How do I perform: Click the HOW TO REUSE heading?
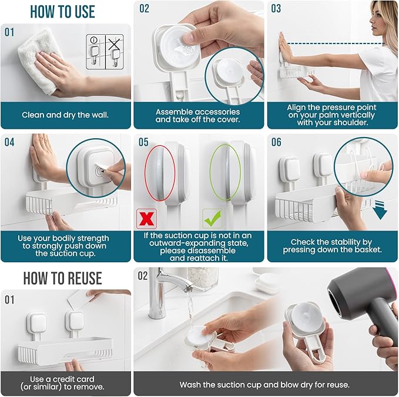(62, 278)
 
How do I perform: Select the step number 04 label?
(10, 142)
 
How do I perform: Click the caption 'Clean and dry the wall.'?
(66, 115)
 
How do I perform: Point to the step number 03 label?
(276, 9)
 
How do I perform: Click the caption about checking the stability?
(331, 246)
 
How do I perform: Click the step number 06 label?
(277, 142)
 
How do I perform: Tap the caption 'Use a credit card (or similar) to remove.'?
(66, 383)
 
